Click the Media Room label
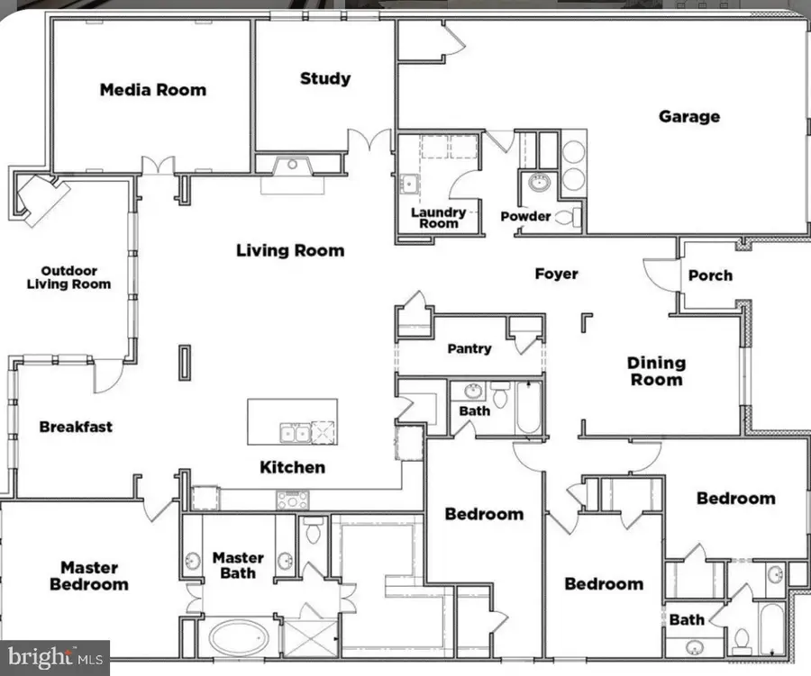152,89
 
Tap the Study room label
325,78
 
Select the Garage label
688,116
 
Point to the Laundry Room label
438,218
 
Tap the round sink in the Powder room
538,183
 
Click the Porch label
710,275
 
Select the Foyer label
556,274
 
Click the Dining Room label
656,371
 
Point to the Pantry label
469,348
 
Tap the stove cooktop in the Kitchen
293,500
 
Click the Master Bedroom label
88,576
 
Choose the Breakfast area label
76,427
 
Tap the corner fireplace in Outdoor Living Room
40,200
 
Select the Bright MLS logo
54,657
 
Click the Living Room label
290,250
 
